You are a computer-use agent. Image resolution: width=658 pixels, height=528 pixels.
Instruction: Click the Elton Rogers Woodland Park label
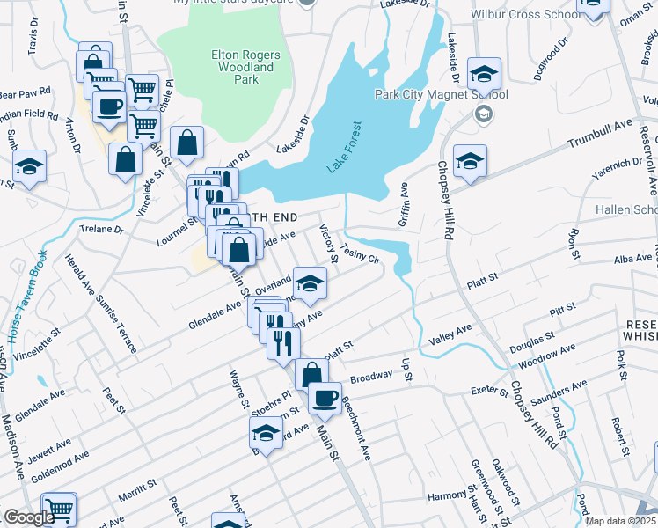pos(246,67)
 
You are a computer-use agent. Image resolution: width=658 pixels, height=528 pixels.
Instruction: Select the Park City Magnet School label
pos(441,95)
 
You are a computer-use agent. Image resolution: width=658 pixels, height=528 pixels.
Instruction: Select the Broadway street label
pos(371,377)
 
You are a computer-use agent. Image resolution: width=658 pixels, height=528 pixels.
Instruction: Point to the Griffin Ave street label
pos(404,204)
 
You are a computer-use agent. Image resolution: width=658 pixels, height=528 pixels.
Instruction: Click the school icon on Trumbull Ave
pos(471,160)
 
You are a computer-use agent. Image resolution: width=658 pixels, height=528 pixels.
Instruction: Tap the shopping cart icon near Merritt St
pos(59,508)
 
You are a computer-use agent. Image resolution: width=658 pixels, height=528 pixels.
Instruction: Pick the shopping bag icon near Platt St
pos(311,373)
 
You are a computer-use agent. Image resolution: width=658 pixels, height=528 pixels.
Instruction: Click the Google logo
pos(30,517)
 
